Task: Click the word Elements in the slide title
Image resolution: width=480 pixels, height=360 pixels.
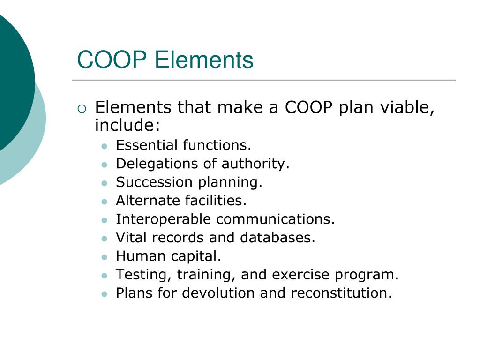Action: (x=204, y=60)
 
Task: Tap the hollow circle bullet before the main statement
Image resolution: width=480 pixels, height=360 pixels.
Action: (x=82, y=109)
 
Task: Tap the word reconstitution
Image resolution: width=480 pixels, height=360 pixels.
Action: (x=340, y=293)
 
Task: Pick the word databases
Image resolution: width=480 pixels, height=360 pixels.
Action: (x=277, y=238)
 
